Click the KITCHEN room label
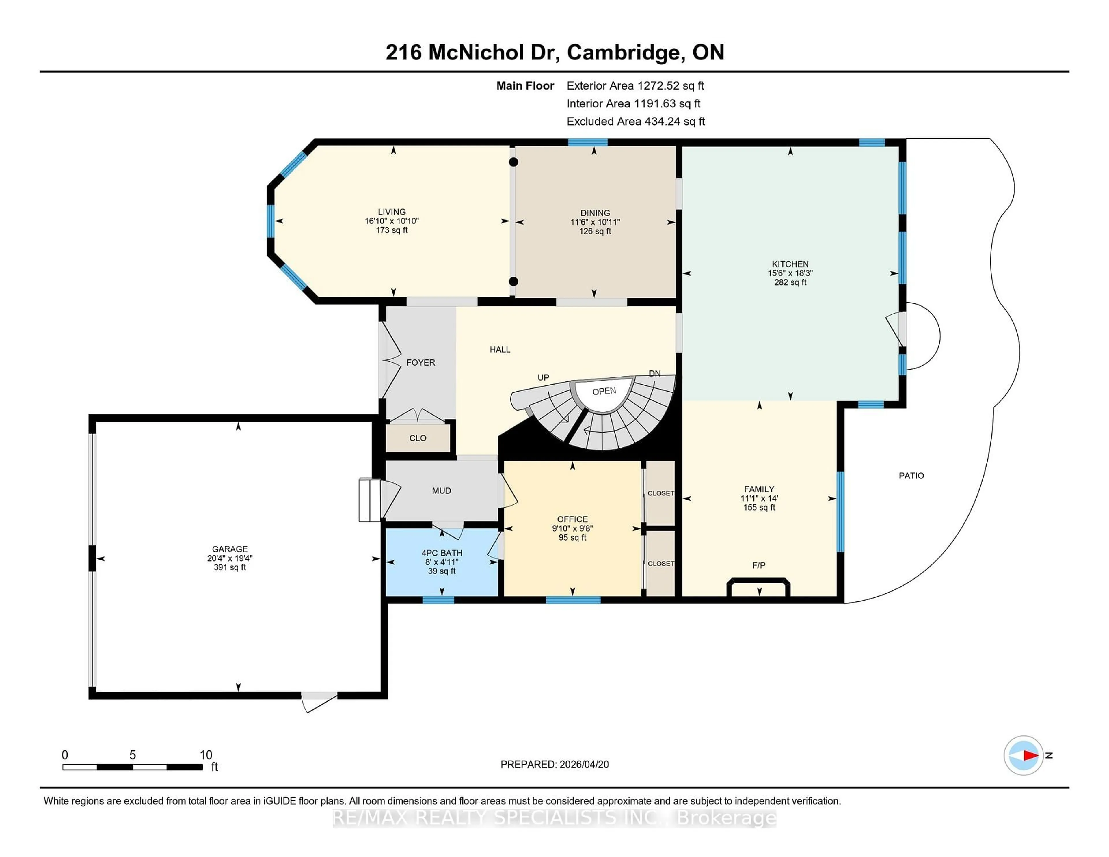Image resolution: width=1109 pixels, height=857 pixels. (790, 264)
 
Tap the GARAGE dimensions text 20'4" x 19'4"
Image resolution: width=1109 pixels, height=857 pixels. (230, 558)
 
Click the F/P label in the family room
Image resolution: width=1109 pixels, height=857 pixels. (759, 565)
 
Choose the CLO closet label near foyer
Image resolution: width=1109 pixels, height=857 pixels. (418, 438)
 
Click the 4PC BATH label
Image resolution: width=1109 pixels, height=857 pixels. (442, 553)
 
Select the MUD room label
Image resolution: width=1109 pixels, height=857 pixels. (441, 491)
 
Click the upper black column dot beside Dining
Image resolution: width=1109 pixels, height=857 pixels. (513, 162)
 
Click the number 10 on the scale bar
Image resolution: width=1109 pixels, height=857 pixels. (206, 755)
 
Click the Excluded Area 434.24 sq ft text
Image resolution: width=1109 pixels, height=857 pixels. (635, 121)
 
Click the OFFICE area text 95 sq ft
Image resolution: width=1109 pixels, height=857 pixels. (572, 538)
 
